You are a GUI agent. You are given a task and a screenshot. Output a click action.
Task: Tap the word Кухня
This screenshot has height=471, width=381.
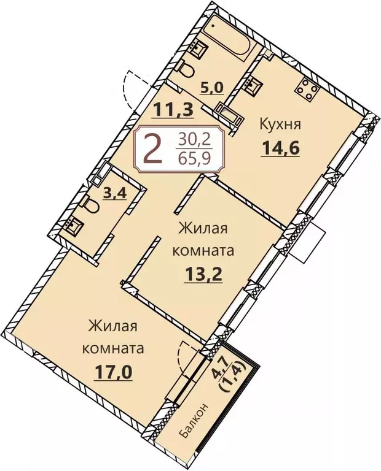point(280,125)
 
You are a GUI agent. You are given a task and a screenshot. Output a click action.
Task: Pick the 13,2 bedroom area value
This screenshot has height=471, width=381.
point(203,272)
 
